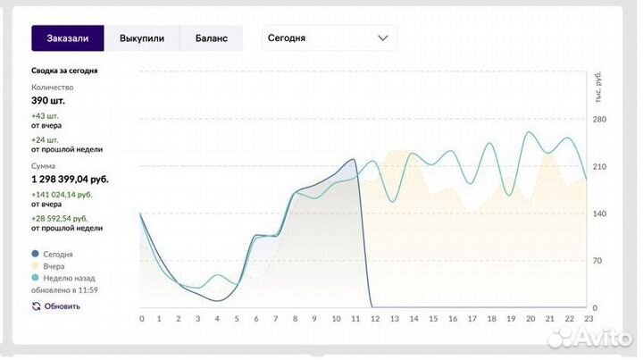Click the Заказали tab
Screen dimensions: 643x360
coord(68,38)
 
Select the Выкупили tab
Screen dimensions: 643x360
coord(142,38)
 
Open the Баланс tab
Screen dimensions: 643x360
coord(211,38)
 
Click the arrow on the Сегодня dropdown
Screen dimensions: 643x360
coord(382,38)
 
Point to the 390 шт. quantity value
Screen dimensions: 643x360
coord(48,100)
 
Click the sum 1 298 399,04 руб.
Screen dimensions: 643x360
coord(71,180)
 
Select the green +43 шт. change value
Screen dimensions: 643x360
coord(46,116)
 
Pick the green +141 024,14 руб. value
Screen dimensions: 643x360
coord(62,195)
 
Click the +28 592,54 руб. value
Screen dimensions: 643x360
coord(60,219)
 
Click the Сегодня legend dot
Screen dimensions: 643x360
coord(35,254)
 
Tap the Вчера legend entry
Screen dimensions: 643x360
coord(48,266)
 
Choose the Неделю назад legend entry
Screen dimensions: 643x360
coord(63,278)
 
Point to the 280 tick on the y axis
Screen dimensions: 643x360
coord(599,120)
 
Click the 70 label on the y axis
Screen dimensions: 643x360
coord(597,261)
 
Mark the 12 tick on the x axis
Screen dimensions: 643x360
coord(375,319)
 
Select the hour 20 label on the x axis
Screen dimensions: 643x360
coord(530,319)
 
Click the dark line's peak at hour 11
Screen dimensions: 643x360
coord(353,159)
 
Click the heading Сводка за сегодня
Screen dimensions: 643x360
coord(64,71)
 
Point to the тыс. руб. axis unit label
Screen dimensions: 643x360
coord(598,87)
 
